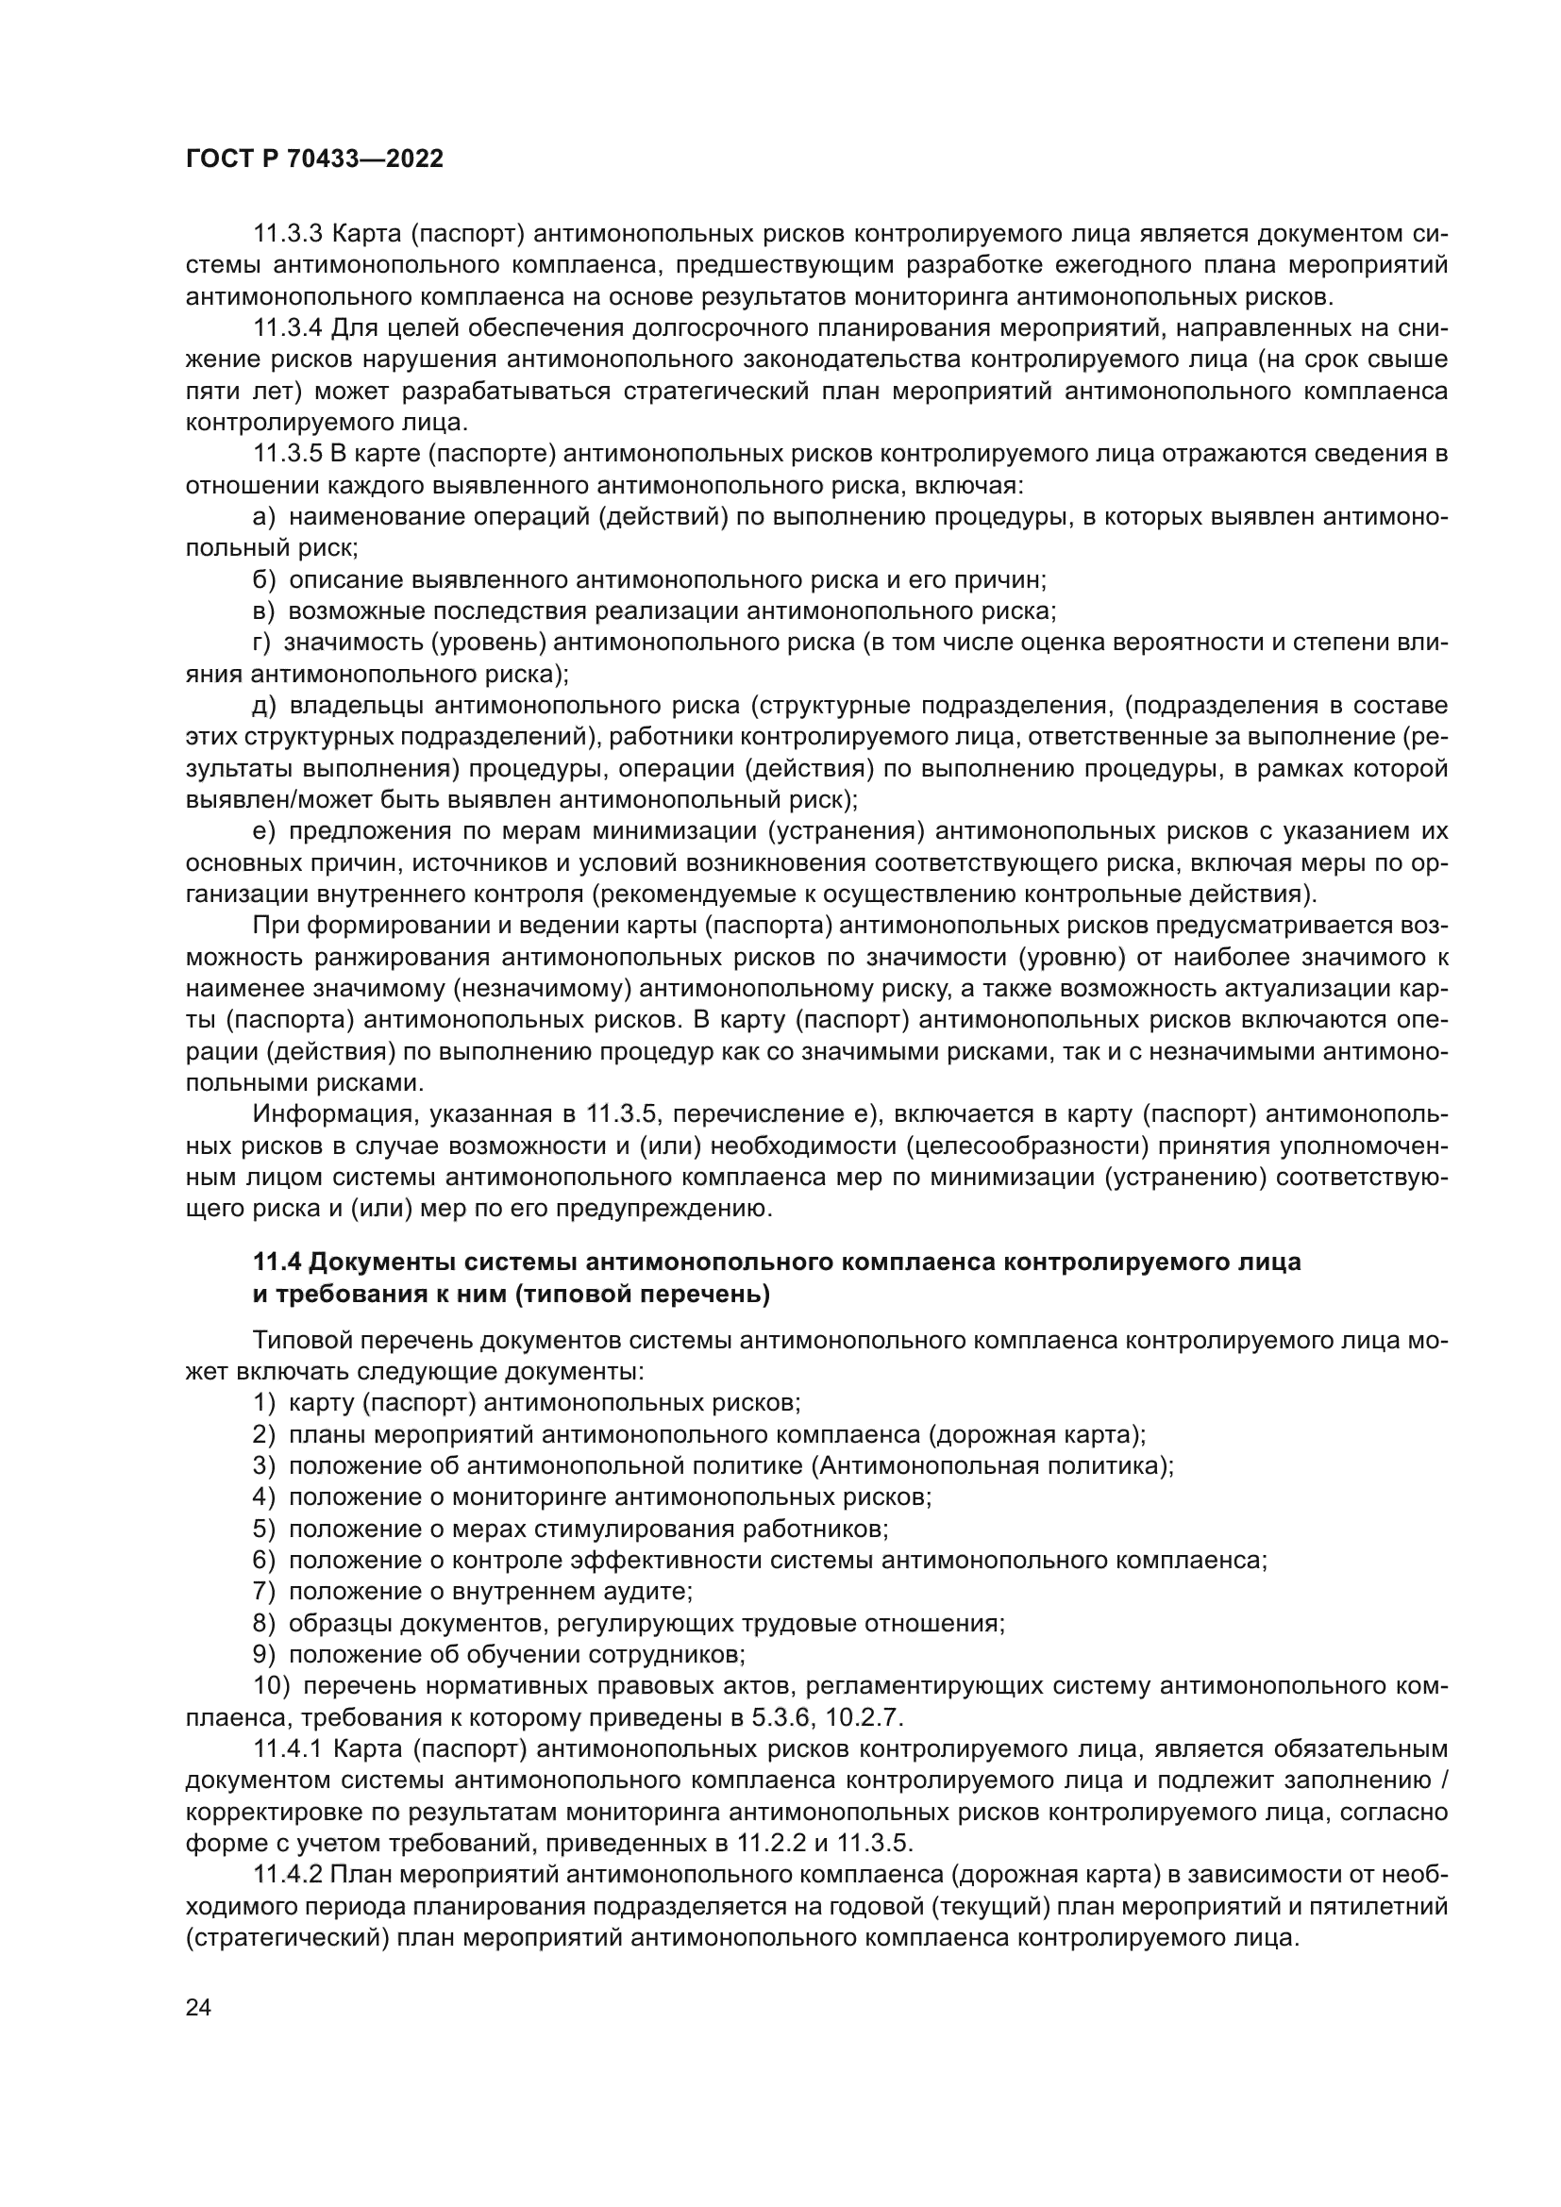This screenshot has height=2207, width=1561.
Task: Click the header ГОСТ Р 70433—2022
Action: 314,159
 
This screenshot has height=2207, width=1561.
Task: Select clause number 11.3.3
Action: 288,234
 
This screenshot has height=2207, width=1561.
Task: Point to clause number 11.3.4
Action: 288,328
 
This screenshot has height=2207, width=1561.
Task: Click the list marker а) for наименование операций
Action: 264,518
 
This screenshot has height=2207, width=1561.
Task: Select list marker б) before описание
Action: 264,580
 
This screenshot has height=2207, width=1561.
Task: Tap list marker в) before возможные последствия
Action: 264,612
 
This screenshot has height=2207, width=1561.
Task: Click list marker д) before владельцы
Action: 264,707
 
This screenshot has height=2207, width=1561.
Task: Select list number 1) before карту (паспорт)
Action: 264,1402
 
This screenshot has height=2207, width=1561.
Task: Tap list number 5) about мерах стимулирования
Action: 264,1529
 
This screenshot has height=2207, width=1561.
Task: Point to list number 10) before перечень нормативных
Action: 270,1686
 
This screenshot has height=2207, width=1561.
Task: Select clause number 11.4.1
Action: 288,1748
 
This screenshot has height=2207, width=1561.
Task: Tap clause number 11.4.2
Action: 288,1875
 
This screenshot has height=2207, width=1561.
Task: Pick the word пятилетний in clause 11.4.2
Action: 1385,1906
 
